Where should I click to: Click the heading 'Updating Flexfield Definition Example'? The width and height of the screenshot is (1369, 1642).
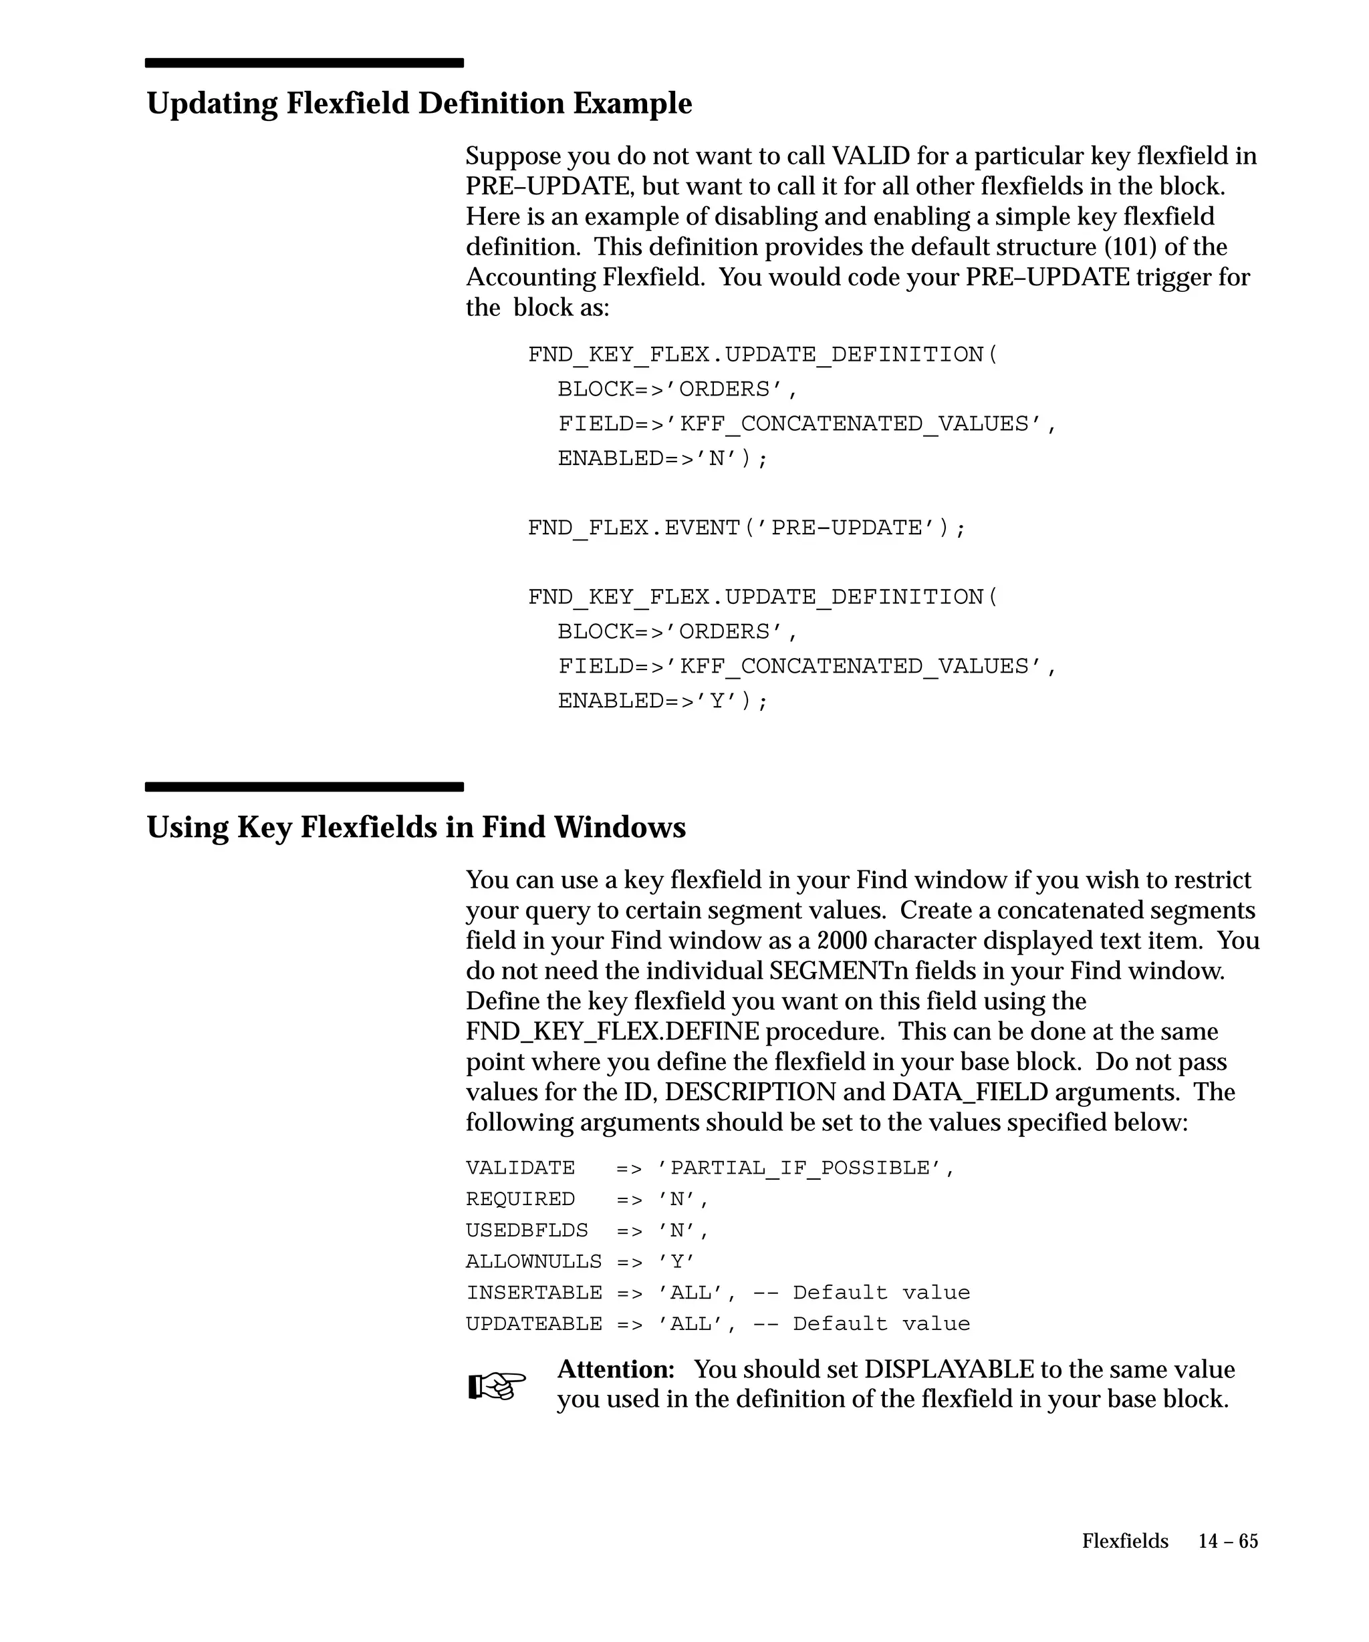coord(419,104)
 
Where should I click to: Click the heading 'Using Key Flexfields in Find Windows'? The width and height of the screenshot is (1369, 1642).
coord(416,827)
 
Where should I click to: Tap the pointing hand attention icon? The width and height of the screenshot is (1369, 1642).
coord(497,1386)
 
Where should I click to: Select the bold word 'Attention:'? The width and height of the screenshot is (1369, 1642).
coord(616,1369)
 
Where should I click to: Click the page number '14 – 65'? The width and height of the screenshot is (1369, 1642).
coord(1228,1541)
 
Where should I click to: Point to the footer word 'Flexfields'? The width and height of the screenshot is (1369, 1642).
coord(1125,1541)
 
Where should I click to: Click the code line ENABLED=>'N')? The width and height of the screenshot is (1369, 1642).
coord(662,458)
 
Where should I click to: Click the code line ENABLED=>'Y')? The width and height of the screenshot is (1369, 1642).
coord(662,701)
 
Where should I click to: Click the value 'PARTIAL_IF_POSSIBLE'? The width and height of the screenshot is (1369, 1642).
coord(800,1168)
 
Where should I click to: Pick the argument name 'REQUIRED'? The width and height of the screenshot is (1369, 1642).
coord(520,1200)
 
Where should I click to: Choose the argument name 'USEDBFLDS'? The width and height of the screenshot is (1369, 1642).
coord(527,1230)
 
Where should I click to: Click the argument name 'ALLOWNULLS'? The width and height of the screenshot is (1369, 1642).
coord(533,1262)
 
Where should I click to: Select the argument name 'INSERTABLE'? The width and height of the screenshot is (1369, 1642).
coord(533,1293)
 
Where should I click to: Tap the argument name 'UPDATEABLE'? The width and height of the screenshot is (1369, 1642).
coord(533,1325)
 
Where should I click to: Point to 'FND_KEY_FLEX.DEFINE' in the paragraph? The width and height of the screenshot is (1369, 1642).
coord(612,1032)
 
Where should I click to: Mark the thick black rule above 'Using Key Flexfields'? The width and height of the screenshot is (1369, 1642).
coord(304,786)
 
